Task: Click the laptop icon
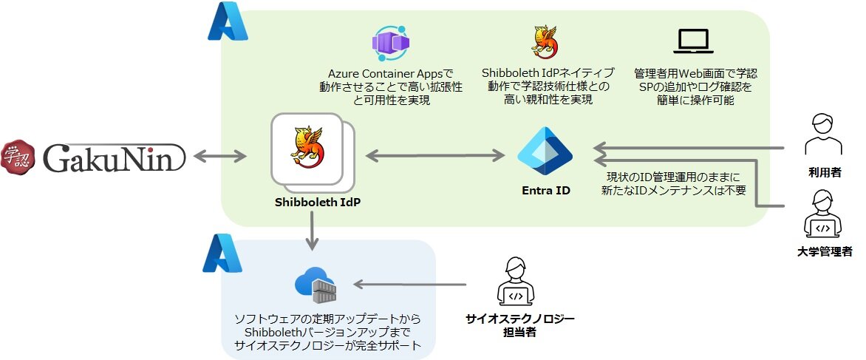tap(692, 42)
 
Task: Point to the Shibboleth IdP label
tap(313, 203)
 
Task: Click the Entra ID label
tap(545, 191)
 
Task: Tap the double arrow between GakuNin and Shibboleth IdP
tap(220, 156)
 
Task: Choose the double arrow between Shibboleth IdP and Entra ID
tap(434, 156)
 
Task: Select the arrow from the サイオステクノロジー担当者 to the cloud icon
tap(411, 285)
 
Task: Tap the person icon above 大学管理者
tap(824, 213)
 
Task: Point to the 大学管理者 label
tap(825, 251)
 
